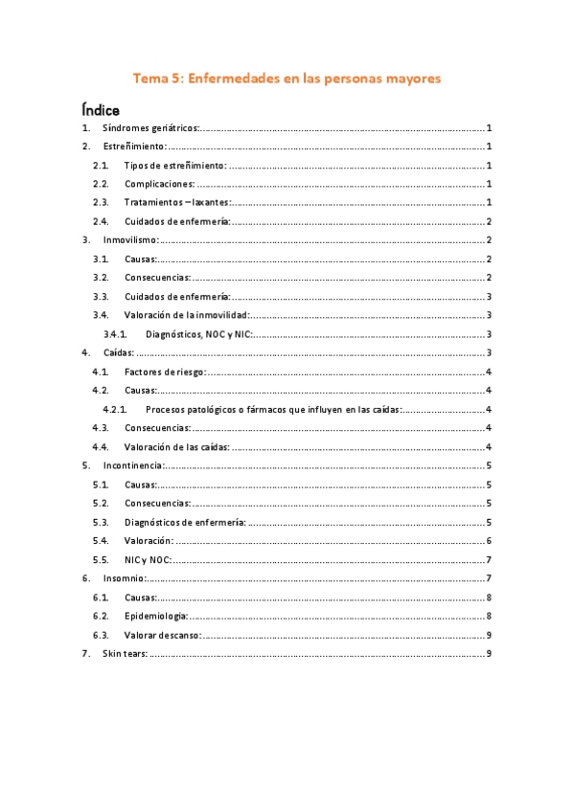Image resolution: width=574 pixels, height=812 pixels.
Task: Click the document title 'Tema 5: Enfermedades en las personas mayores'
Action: click(x=287, y=79)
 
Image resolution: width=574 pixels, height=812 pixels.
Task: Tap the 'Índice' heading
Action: click(x=101, y=111)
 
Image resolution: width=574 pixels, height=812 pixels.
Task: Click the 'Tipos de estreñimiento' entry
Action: click(x=175, y=166)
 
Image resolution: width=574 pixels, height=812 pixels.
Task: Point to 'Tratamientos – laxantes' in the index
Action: click(x=177, y=202)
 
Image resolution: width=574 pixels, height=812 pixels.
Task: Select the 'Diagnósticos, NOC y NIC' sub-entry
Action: click(x=199, y=334)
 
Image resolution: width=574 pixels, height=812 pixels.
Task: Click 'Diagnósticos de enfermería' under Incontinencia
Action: click(x=185, y=522)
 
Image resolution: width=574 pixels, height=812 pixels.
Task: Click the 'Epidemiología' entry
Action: click(x=155, y=616)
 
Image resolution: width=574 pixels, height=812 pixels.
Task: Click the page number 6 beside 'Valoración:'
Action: click(x=489, y=541)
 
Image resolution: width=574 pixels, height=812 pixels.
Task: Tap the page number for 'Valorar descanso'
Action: click(x=489, y=635)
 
